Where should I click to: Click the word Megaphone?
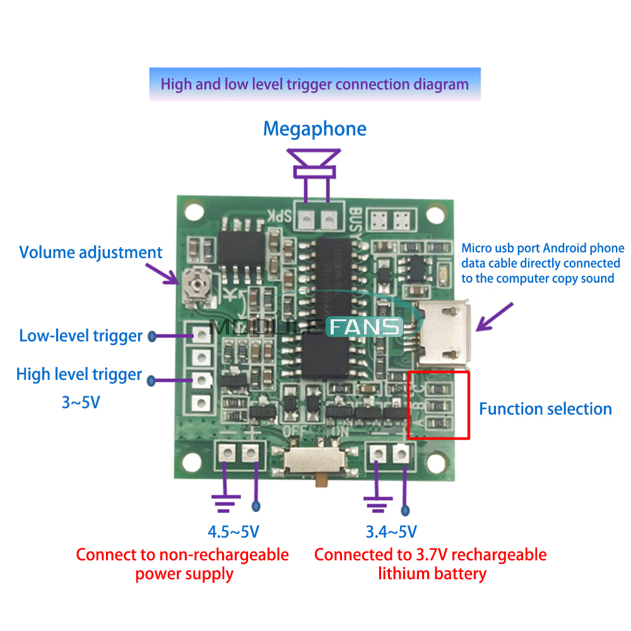coord(314,129)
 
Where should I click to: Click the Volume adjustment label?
coord(90,252)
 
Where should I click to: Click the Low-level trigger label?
coord(81,335)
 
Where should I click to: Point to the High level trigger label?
coord(79,374)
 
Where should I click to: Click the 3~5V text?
coord(80,402)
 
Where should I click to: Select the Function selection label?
coord(545,409)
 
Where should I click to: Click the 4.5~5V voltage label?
coord(233,532)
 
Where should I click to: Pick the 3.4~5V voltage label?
coord(391,532)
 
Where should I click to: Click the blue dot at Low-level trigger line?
coord(152,336)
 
